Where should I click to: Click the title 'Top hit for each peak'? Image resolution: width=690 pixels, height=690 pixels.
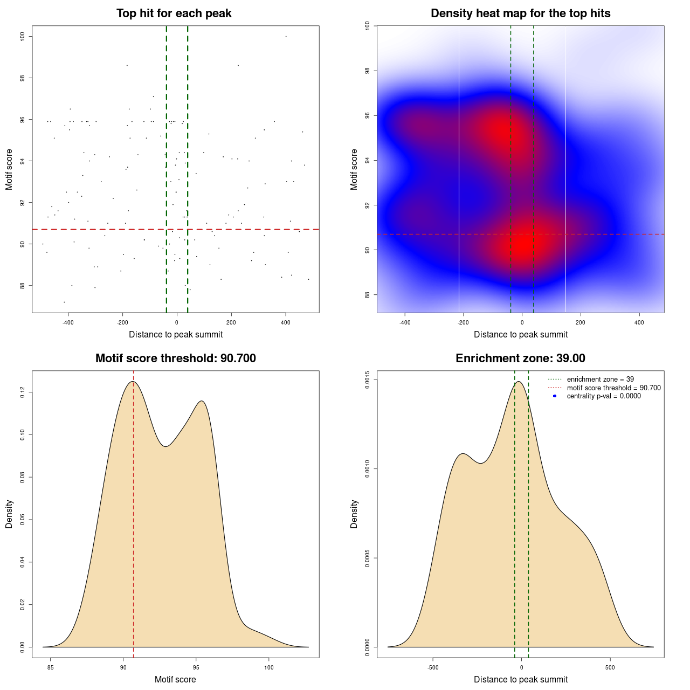click(x=174, y=13)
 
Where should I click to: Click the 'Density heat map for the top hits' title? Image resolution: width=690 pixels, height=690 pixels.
click(x=520, y=13)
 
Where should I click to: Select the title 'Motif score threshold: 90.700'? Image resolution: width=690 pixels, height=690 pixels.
click(x=175, y=358)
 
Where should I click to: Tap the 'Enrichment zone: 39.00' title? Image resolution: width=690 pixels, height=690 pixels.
click(x=520, y=358)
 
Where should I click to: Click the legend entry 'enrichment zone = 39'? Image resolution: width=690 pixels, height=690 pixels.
click(x=600, y=379)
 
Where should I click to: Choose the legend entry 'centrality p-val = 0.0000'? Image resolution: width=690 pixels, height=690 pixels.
click(x=604, y=396)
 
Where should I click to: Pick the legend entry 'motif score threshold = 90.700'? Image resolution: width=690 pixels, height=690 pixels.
click(x=613, y=388)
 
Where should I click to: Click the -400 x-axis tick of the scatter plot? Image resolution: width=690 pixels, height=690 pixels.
click(x=68, y=322)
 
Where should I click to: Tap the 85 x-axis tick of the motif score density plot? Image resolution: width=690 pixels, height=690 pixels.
click(x=51, y=667)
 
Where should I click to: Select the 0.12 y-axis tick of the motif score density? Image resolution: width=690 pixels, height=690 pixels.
click(x=23, y=392)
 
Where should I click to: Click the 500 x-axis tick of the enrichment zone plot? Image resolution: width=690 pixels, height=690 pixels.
click(x=610, y=667)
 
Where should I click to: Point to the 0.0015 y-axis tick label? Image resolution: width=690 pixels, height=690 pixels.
click(x=368, y=380)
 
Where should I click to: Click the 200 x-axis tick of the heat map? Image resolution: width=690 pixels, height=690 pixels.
click(x=581, y=322)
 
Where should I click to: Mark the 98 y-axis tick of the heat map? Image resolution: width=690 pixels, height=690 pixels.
click(x=368, y=71)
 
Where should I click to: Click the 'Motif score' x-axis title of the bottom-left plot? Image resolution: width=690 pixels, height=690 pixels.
click(x=175, y=679)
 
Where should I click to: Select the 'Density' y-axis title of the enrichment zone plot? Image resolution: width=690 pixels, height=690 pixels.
click(x=354, y=514)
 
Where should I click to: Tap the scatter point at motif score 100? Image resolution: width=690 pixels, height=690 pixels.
click(x=286, y=36)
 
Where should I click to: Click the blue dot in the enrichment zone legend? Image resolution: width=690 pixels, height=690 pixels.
click(x=555, y=396)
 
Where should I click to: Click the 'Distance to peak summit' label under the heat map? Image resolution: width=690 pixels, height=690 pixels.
click(x=520, y=334)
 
